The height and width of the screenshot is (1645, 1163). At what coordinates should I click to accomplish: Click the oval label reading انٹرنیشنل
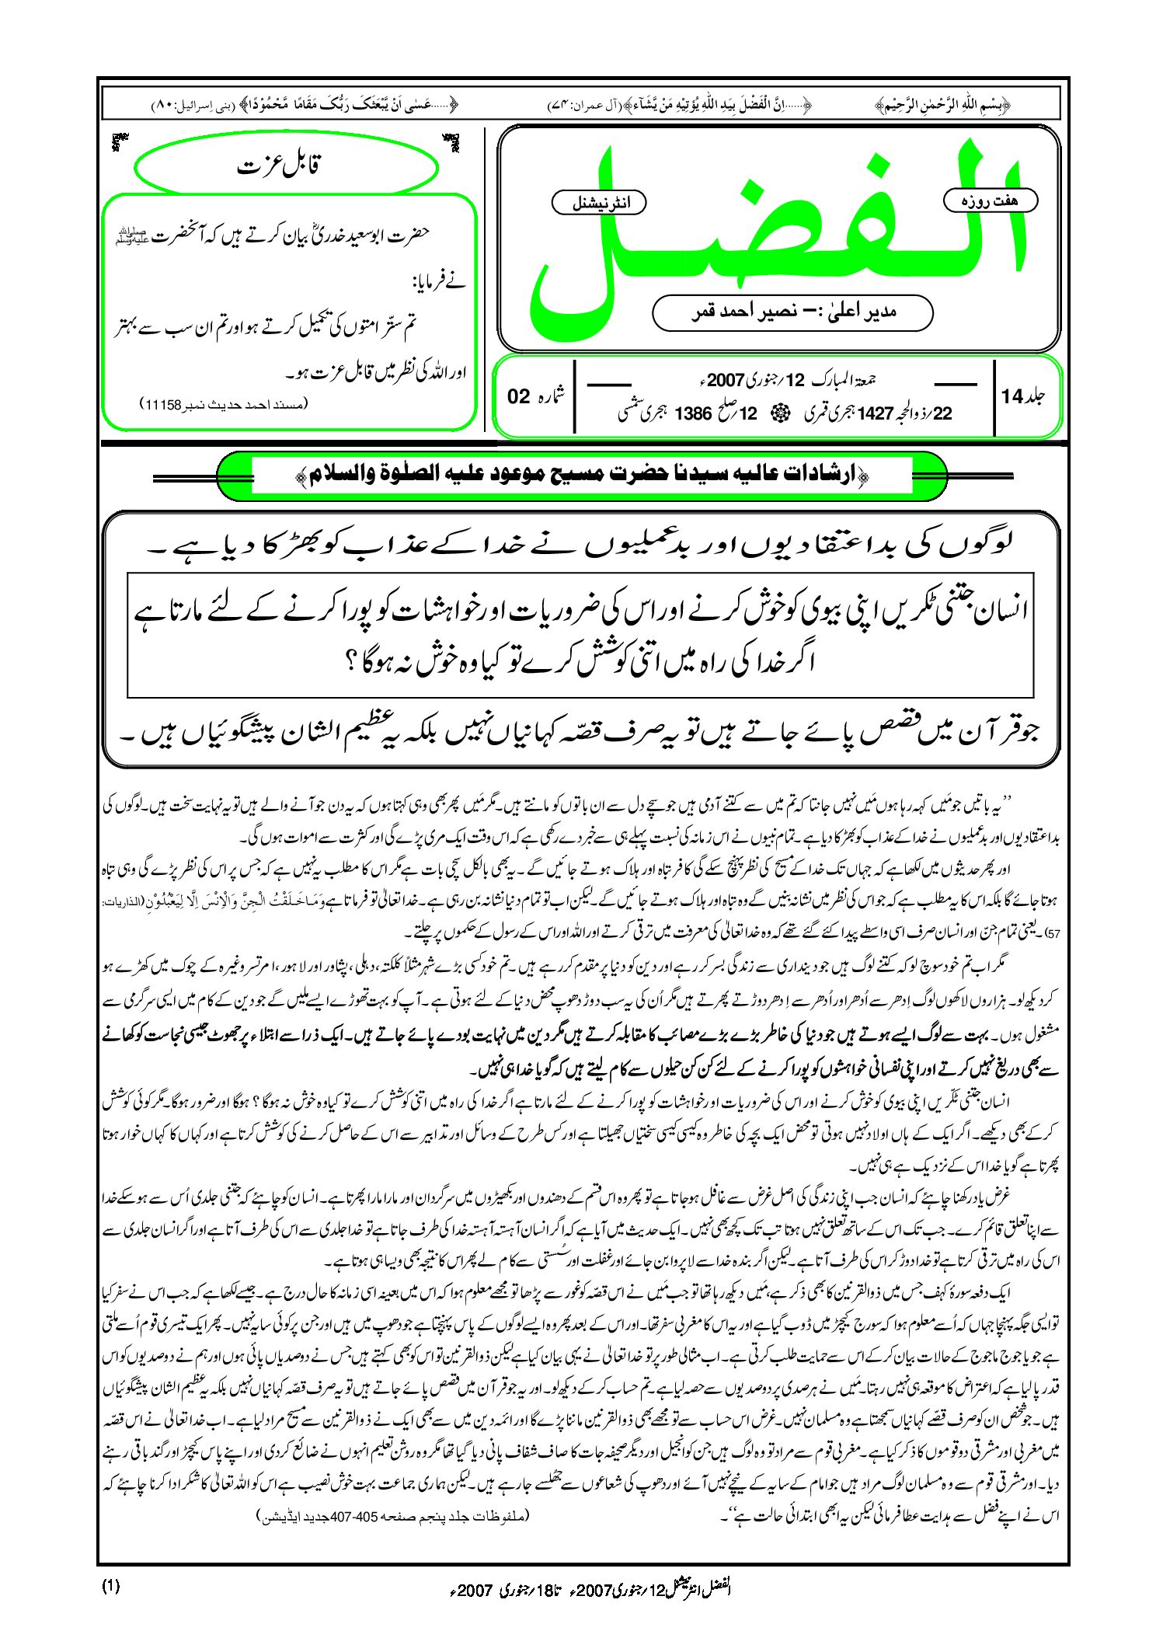tap(599, 203)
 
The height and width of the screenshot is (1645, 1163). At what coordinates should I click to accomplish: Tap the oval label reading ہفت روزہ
tap(990, 200)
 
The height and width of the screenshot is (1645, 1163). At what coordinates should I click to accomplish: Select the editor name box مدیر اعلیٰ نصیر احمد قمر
tap(792, 312)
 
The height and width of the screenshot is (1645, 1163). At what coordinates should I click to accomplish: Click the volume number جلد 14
tap(1023, 396)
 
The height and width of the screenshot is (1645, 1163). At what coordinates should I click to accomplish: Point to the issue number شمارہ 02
tap(537, 396)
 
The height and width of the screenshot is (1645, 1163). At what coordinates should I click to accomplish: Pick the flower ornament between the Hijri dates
tap(775, 414)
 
